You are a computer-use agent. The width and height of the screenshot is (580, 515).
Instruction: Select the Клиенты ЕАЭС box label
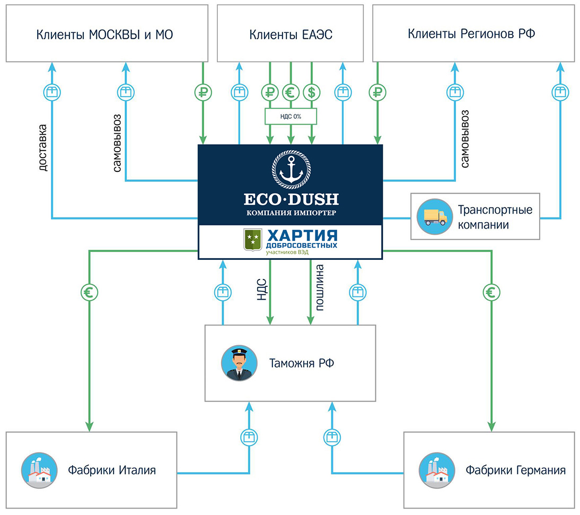[291, 35]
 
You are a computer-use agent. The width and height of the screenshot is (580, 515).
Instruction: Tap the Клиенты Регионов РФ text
[471, 34]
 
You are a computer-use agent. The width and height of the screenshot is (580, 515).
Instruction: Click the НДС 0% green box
[290, 116]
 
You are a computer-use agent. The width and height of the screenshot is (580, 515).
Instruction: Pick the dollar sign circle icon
[311, 92]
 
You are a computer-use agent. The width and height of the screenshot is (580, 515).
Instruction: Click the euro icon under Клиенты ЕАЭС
[291, 92]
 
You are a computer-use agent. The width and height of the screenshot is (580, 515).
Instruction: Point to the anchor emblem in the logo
[291, 169]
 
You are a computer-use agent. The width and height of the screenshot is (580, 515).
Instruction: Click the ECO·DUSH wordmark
[291, 199]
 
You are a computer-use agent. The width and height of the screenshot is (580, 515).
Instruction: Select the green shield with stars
[252, 240]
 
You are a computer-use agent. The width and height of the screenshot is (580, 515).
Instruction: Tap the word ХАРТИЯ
[301, 235]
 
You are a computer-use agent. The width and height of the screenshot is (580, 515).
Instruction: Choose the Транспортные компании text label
[495, 217]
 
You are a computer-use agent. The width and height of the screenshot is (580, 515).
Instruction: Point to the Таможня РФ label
[302, 364]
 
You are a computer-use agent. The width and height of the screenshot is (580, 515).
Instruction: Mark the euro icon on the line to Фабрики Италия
[90, 291]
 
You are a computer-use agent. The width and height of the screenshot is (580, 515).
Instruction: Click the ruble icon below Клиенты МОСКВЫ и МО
[203, 92]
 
